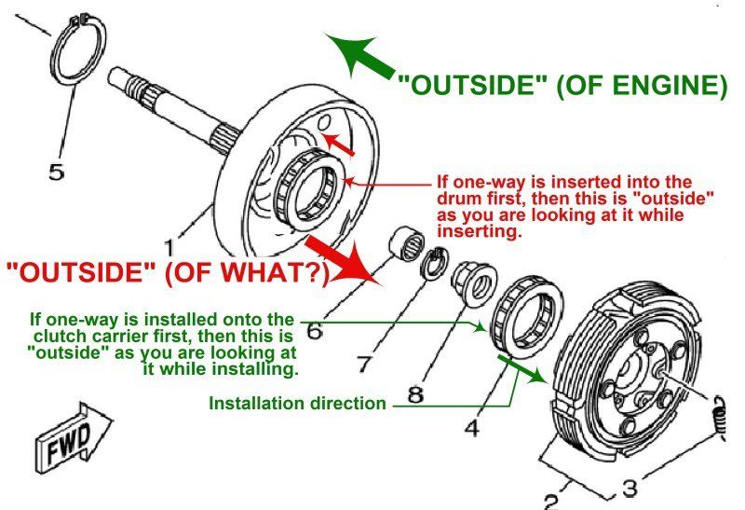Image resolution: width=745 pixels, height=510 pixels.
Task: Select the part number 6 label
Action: pos(314,330)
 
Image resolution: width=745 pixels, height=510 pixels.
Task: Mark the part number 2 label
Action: pos(551,501)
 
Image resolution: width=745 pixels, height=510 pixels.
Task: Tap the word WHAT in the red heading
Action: pos(278,272)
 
